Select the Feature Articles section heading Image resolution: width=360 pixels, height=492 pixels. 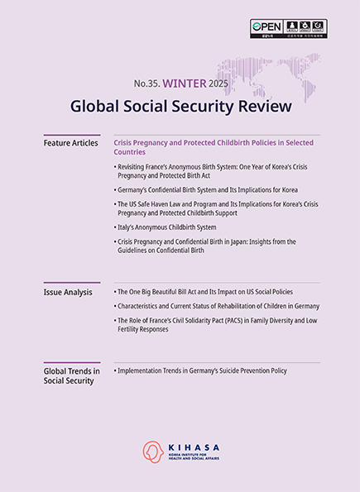pos(70,143)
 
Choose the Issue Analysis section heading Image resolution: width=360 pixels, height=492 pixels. pos(67,293)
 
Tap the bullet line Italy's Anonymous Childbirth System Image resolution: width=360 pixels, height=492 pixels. pos(166,227)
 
